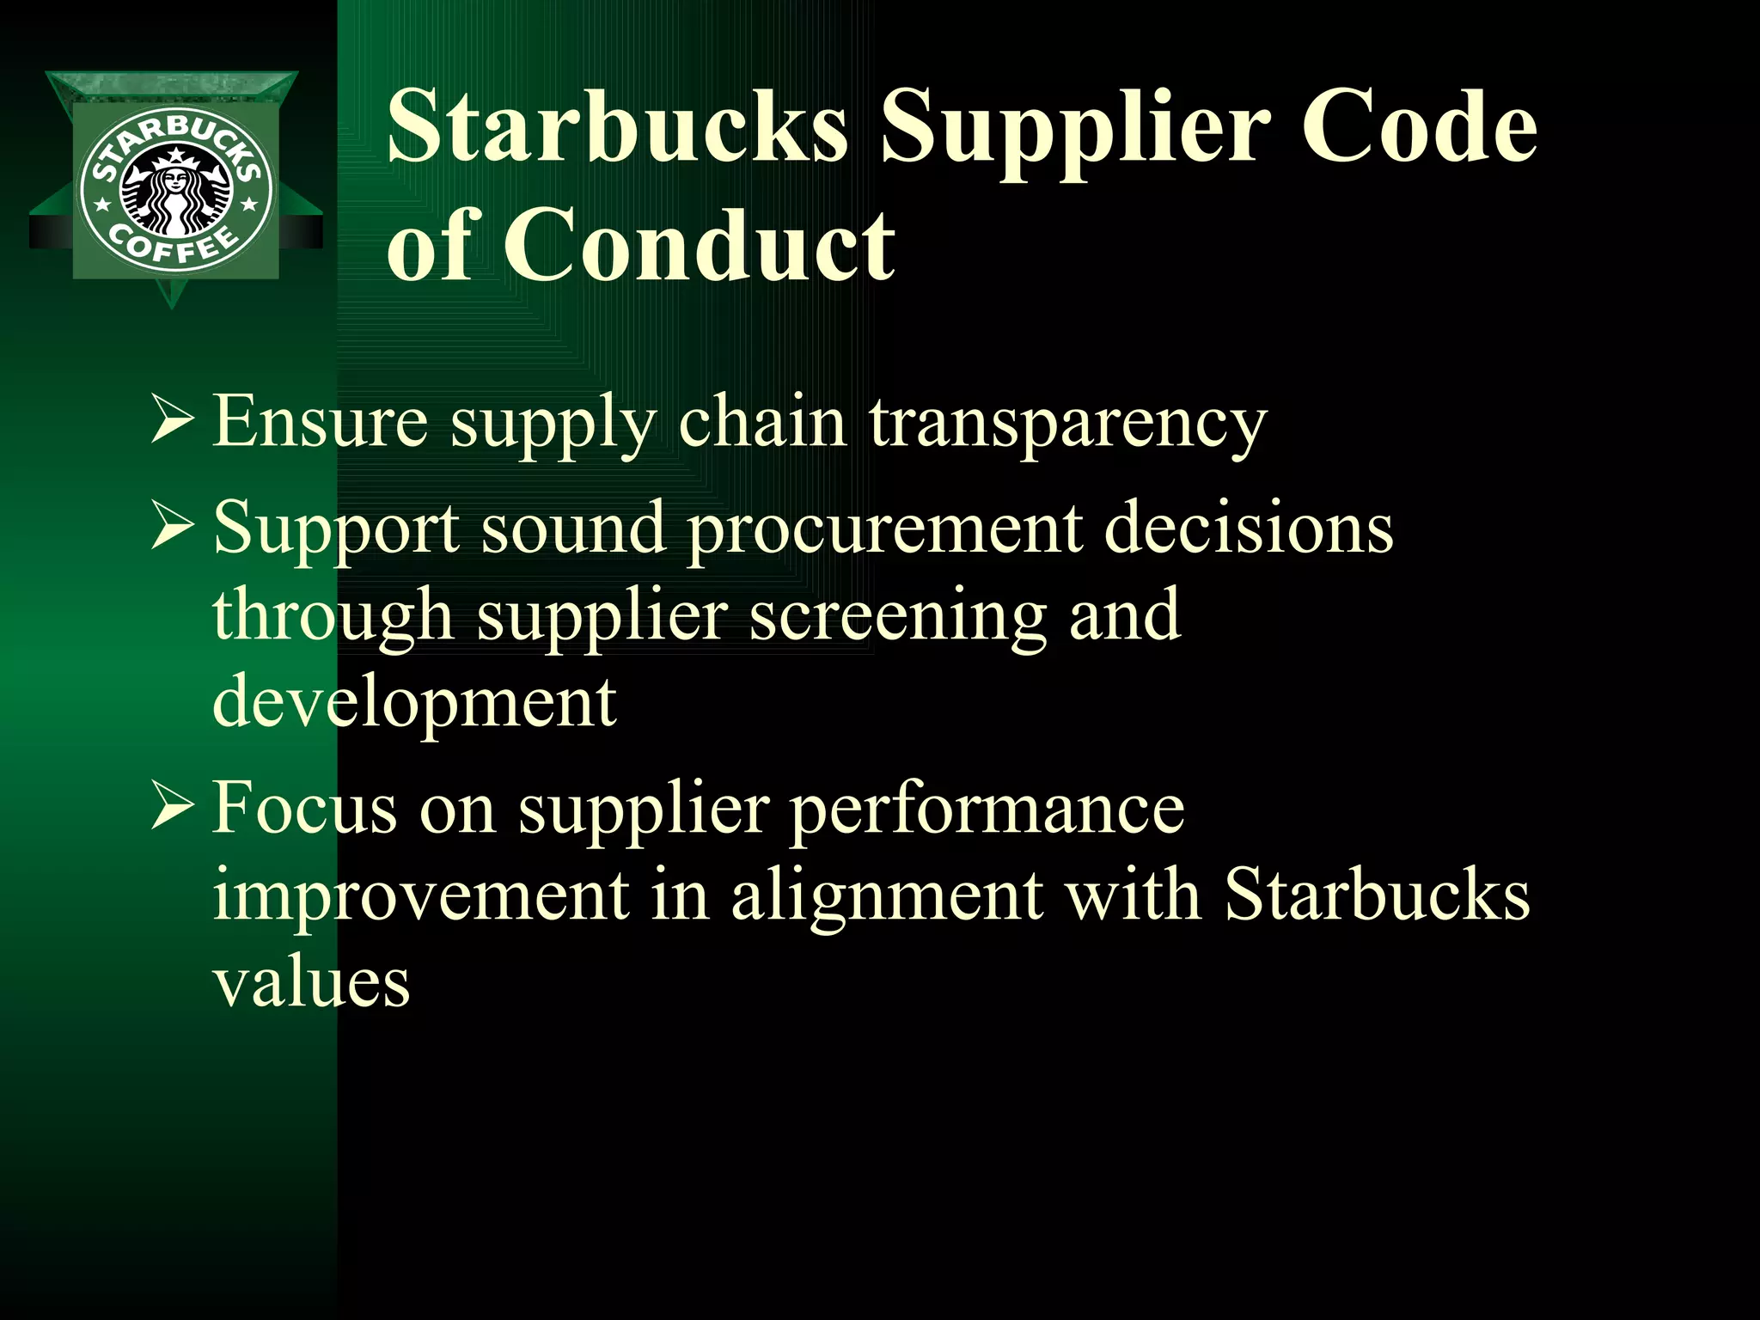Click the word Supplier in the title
click(1074, 129)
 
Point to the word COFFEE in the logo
click(175, 247)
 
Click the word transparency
click(1068, 423)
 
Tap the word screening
click(897, 617)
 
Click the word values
click(311, 983)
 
